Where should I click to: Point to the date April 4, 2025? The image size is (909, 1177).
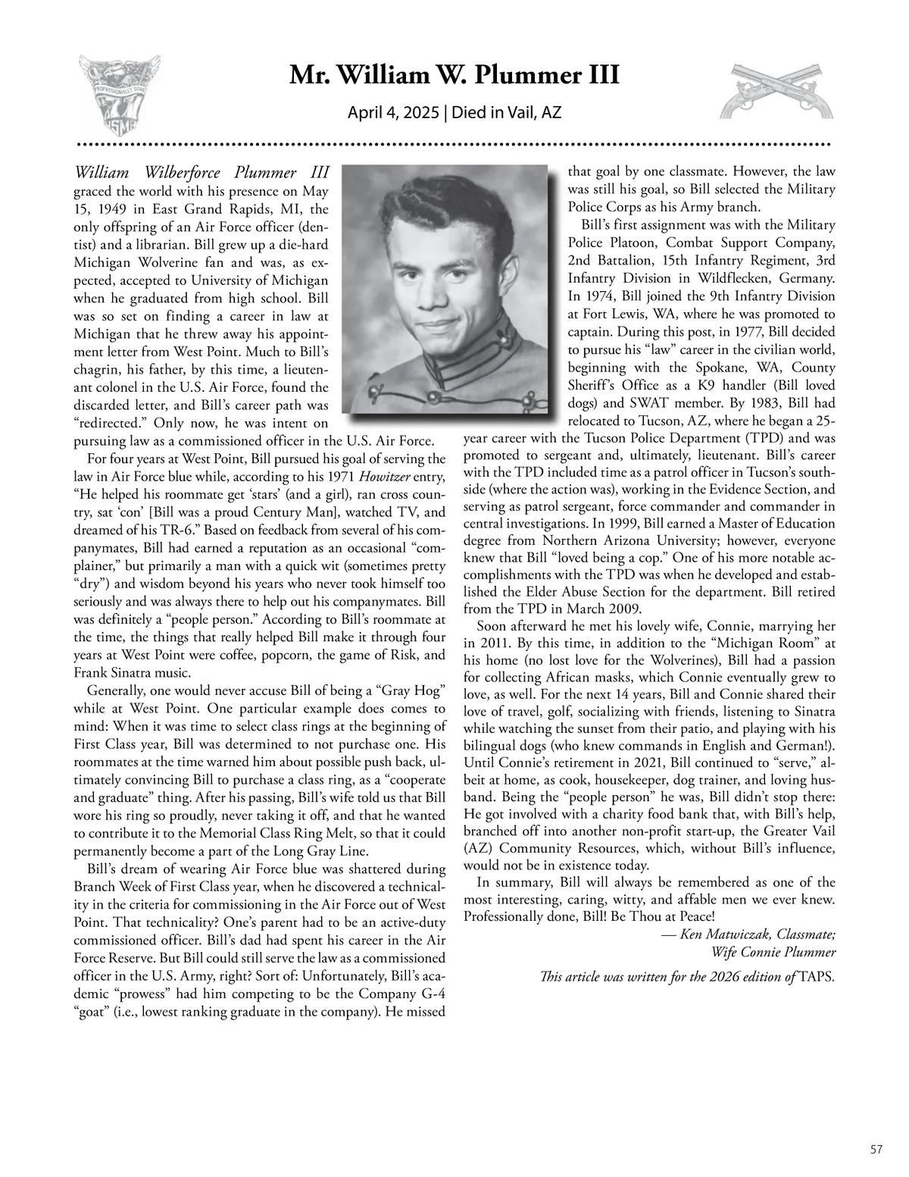coord(393,113)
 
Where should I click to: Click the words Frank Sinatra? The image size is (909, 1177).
coord(111,672)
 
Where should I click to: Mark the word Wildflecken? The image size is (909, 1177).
coord(725,278)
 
